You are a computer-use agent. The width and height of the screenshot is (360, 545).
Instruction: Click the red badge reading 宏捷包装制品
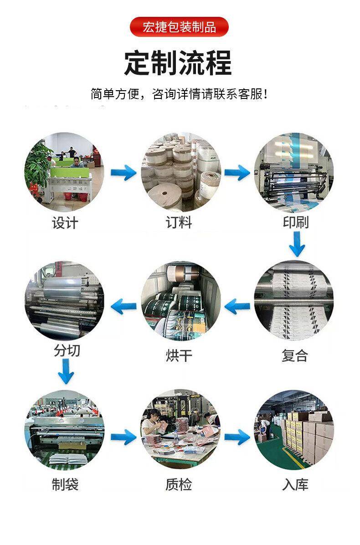179,27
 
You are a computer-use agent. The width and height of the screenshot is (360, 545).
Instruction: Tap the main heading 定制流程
178,63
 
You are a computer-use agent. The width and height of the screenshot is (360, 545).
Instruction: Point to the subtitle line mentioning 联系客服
179,94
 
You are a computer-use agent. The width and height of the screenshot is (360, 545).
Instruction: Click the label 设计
65,223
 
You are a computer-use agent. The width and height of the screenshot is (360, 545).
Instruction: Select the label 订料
179,223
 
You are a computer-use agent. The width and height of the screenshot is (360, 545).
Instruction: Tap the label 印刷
296,222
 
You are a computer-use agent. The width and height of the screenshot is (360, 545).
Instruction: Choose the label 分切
67,350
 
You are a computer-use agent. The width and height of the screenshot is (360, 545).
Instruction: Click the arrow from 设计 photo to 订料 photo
123,172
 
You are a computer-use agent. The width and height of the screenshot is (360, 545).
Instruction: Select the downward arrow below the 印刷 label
297,244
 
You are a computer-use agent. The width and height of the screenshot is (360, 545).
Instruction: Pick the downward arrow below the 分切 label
66,371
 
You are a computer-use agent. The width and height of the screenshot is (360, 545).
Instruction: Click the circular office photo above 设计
64,172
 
